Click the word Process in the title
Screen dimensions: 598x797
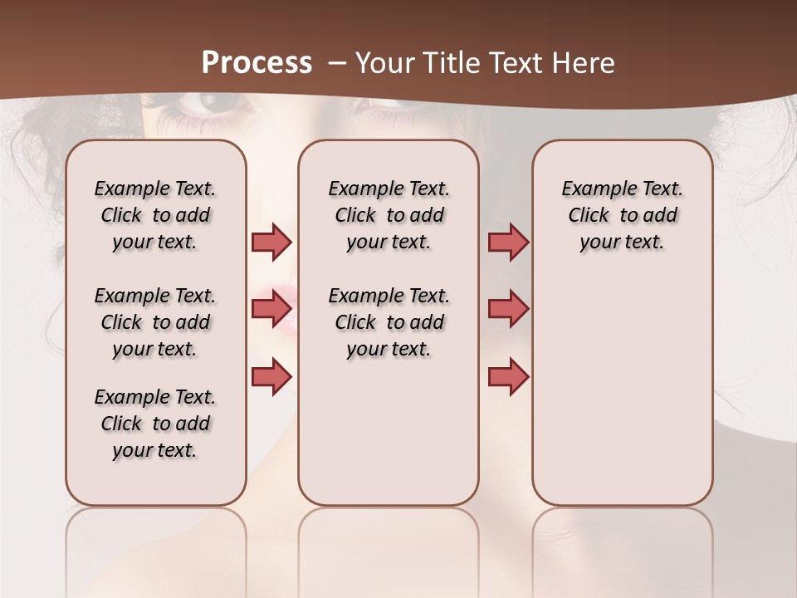[257, 63]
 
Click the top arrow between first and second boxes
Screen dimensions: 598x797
[271, 242]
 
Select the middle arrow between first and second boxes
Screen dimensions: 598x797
[271, 309]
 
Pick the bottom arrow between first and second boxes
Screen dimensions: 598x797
[271, 376]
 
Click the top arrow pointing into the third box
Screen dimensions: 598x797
[508, 242]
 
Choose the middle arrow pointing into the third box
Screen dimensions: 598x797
[508, 309]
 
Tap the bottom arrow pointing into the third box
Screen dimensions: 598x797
[508, 376]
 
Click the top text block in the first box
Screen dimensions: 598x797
[155, 215]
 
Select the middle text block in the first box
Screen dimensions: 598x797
[155, 322]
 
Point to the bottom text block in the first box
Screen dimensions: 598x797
[155, 424]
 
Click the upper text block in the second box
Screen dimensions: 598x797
[389, 215]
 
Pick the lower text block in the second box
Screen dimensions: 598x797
[389, 322]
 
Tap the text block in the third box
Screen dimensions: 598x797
[622, 215]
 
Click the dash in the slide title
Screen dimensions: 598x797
[337, 63]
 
